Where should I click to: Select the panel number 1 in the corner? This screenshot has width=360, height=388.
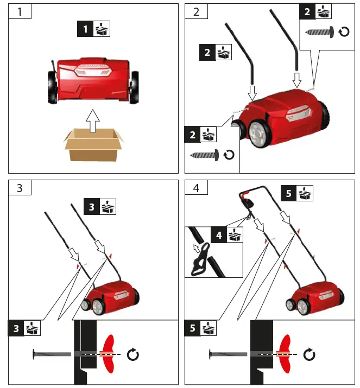coord(20,11)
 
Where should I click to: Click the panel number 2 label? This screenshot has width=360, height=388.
coord(196,11)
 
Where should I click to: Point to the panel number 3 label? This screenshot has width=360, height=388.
coord(20,188)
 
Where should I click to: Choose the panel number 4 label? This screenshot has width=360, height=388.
coord(196,188)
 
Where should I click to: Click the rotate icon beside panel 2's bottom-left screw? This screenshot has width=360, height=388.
coord(229,155)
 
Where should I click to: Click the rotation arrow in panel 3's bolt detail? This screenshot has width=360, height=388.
coord(132,355)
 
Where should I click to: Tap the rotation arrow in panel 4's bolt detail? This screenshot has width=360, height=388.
coord(309,355)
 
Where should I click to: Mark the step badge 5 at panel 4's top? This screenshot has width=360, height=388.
coord(289,193)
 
